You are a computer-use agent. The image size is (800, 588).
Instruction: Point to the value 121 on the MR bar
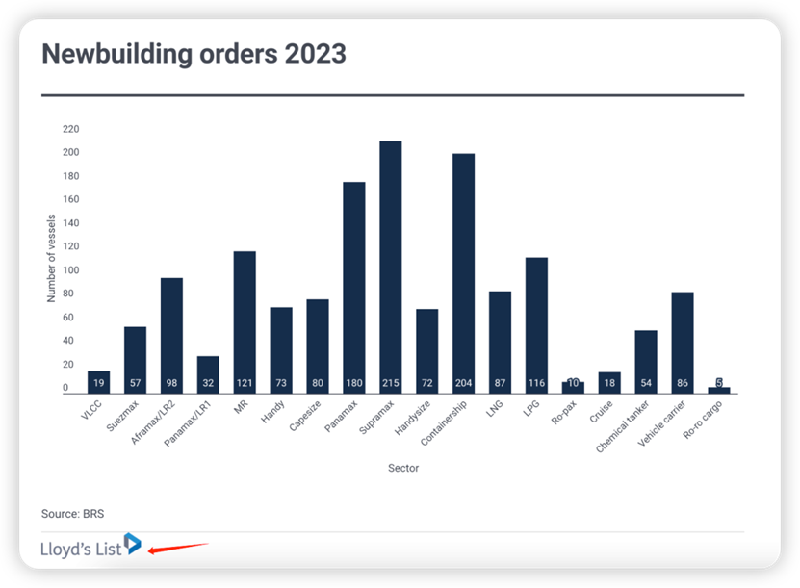coord(245,383)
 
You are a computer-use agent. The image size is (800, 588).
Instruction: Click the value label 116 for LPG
coord(536,383)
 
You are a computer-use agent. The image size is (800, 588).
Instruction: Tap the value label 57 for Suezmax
coord(135,383)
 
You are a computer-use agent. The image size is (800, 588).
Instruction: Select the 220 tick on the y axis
coord(70,129)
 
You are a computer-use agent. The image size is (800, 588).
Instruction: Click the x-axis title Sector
coord(404,469)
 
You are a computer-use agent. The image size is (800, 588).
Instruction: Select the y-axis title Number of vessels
coord(52,258)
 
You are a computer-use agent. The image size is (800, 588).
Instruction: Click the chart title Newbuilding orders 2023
coord(194,54)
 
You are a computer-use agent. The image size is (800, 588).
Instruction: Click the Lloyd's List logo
coord(90,548)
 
